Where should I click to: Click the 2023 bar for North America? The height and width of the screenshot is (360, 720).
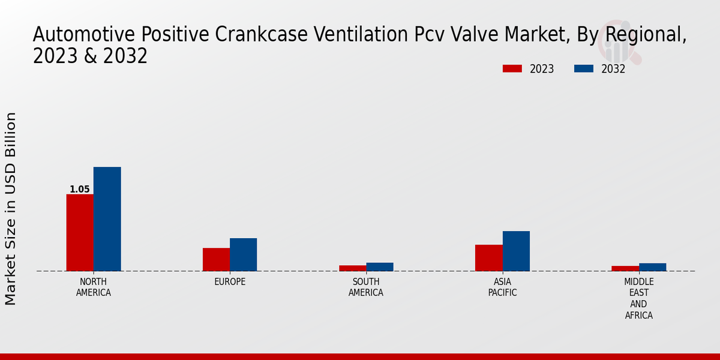click(80, 232)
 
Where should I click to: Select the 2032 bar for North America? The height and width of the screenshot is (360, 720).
click(107, 219)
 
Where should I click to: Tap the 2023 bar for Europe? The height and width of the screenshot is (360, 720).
click(216, 259)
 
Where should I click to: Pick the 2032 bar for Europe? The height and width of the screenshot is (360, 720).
click(243, 254)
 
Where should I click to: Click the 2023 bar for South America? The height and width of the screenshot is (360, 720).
click(352, 268)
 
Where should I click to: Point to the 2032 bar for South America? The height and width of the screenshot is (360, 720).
click(380, 267)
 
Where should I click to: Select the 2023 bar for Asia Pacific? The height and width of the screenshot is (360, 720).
click(488, 257)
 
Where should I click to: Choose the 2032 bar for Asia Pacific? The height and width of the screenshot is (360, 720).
click(516, 251)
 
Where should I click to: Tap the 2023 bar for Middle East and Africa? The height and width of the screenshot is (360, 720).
click(625, 268)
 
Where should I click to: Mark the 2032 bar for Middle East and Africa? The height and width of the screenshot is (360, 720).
click(652, 267)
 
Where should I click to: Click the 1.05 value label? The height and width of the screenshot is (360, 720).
click(80, 190)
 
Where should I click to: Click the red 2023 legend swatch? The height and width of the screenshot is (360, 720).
click(512, 69)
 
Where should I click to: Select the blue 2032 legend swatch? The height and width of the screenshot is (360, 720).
click(584, 69)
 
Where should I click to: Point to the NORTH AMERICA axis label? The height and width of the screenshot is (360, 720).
click(94, 287)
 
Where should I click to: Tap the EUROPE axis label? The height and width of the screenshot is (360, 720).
click(230, 282)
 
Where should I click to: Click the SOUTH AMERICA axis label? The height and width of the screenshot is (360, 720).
click(366, 287)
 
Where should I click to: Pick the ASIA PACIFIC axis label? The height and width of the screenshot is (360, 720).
click(502, 287)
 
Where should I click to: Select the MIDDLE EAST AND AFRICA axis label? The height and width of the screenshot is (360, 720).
click(639, 299)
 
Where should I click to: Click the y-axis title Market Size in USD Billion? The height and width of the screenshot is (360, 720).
click(11, 208)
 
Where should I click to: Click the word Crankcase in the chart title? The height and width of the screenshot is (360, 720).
click(257, 35)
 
